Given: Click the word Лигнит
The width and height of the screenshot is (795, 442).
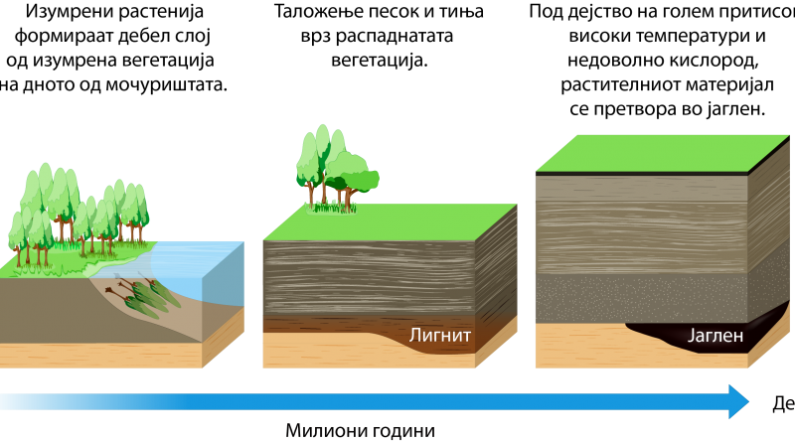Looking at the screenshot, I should (440, 335).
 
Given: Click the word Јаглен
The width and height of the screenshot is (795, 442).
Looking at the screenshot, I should (715, 336).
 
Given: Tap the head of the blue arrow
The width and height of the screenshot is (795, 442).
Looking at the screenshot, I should (736, 401).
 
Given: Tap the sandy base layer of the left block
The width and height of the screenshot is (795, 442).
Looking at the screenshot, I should (99, 354).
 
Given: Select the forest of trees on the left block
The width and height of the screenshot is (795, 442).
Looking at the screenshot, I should (79, 214).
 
